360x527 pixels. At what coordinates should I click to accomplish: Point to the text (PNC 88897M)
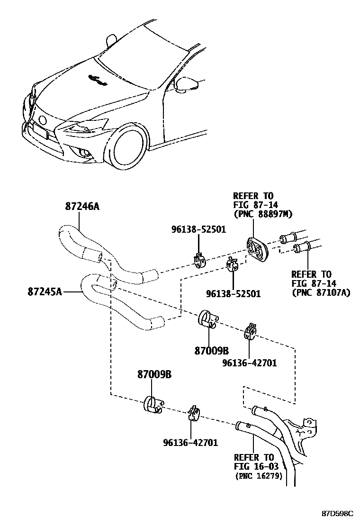tap(262, 214)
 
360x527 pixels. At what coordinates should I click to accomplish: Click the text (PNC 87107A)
tap(321, 292)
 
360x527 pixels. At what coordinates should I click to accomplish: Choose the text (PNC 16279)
tap(259, 476)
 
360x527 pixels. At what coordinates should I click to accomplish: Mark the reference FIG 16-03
tap(254, 467)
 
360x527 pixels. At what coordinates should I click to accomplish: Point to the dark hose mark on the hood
tap(98, 80)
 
